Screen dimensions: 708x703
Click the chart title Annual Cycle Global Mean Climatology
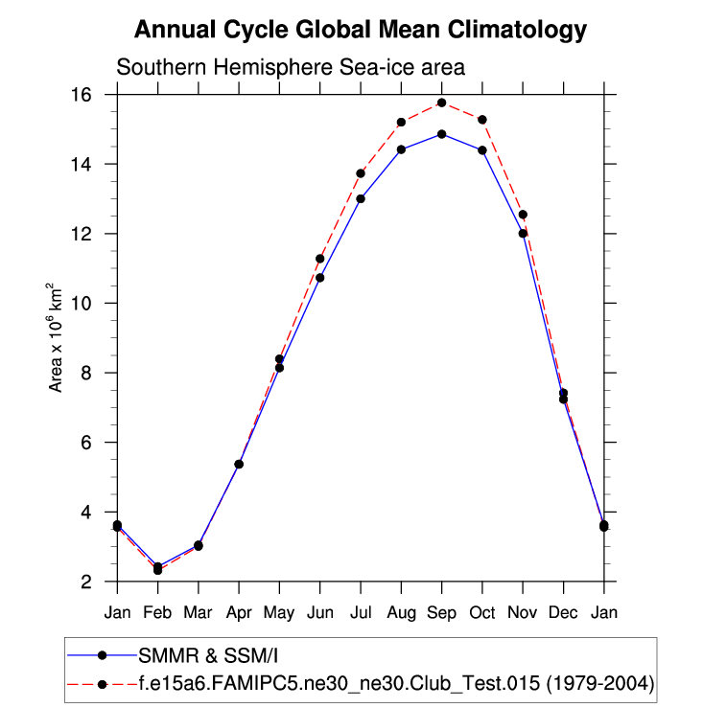pos(360,30)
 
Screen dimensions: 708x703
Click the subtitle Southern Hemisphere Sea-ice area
pos(291,68)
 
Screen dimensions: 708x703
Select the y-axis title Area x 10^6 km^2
pos(57,337)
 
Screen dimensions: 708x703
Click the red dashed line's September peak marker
pos(441,103)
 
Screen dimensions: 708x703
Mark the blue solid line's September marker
pos(441,134)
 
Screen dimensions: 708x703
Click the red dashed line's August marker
pos(401,122)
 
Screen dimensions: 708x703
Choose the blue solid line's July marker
pos(361,198)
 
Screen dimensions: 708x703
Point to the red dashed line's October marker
pos(482,120)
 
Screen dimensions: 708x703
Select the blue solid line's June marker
pos(319,278)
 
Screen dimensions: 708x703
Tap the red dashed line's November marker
pos(523,215)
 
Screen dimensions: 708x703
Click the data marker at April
pos(239,464)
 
